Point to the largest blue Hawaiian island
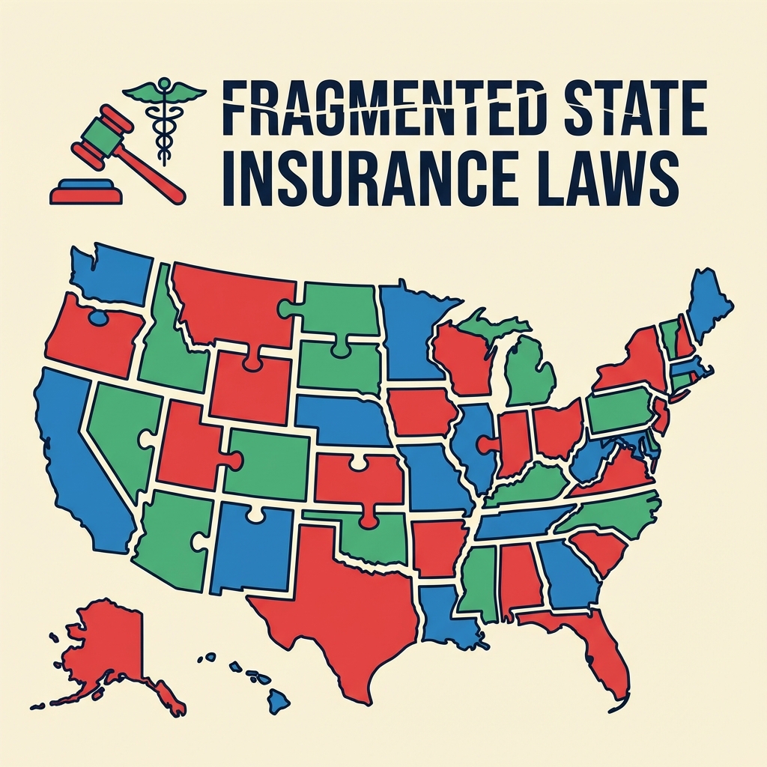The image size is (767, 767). point(278,701)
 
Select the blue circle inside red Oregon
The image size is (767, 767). point(97,318)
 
